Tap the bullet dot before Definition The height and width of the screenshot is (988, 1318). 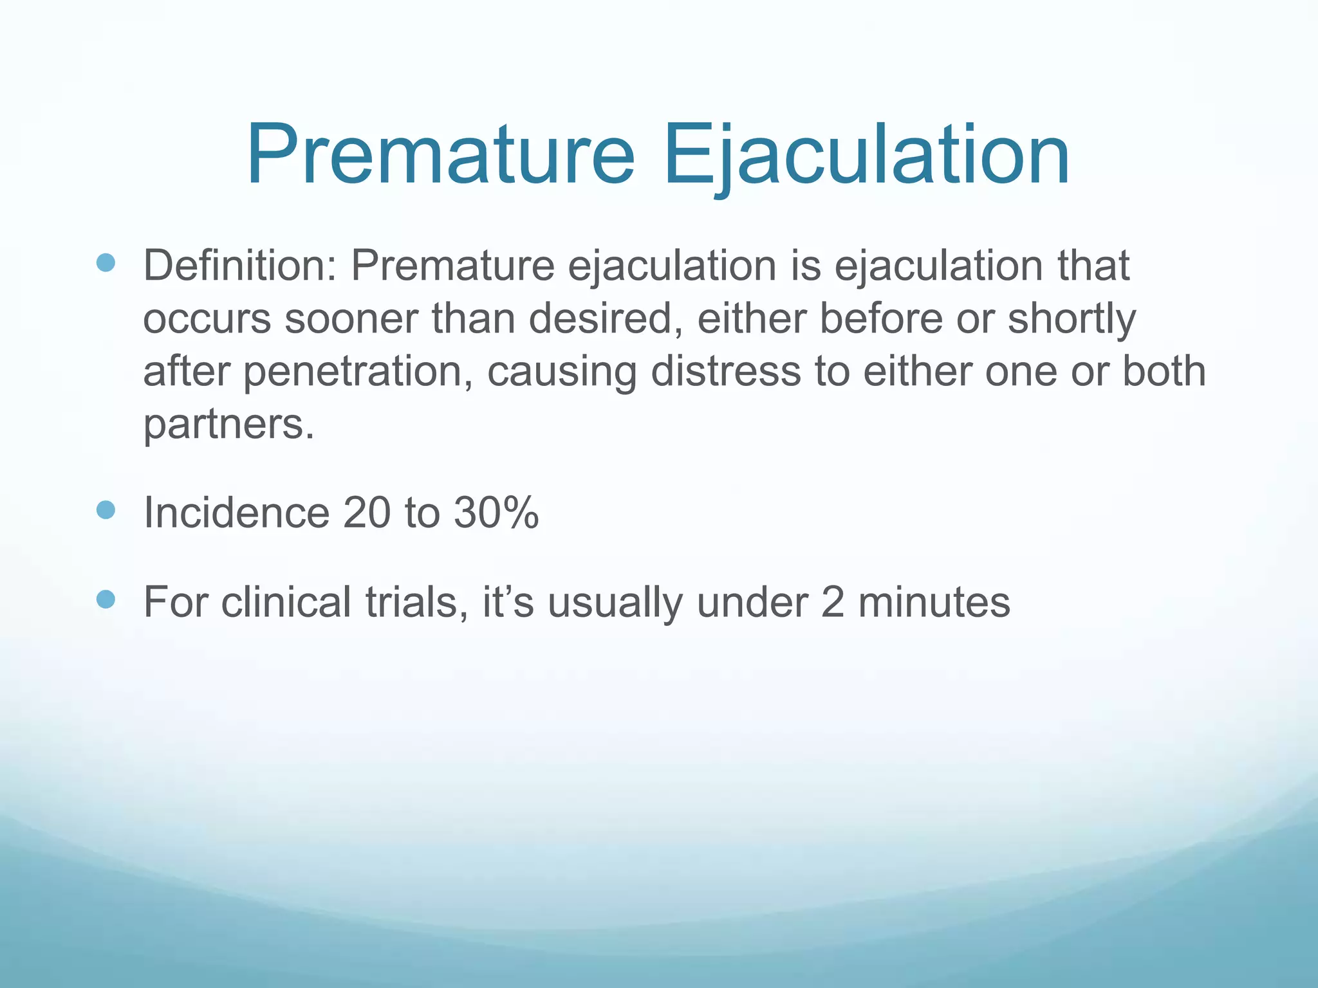click(106, 262)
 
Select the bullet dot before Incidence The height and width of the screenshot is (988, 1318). click(106, 510)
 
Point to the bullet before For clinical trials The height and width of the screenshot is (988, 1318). click(106, 599)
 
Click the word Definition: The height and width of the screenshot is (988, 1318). click(239, 265)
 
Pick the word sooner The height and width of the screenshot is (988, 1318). click(351, 318)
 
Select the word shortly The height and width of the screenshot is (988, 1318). click(1072, 318)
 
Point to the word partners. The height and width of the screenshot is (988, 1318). click(228, 425)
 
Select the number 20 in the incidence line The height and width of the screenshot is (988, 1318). click(367, 513)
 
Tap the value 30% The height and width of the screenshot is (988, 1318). click(496, 513)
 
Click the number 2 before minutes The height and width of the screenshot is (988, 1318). click(832, 602)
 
